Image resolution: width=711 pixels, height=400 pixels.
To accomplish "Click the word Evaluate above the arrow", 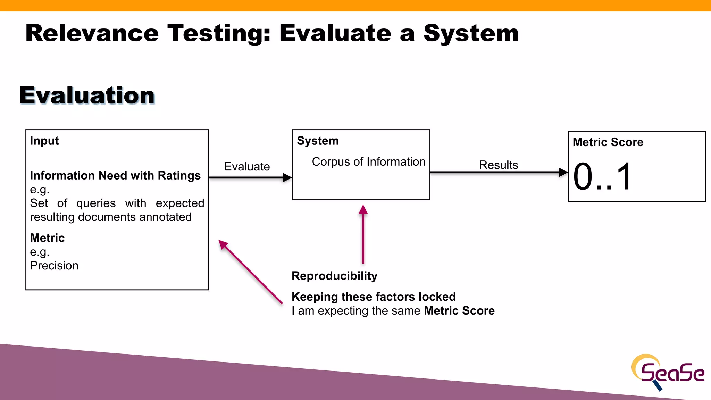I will pyautogui.click(x=247, y=166).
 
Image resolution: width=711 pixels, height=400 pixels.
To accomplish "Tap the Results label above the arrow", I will pyautogui.click(x=499, y=165).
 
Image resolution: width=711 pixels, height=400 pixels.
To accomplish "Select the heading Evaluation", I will pyautogui.click(x=87, y=95).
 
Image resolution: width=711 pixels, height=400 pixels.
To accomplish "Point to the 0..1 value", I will pyautogui.click(x=602, y=177).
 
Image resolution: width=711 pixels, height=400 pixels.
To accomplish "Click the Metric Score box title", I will pyautogui.click(x=608, y=142).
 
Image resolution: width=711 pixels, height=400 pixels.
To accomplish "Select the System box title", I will pyautogui.click(x=318, y=141).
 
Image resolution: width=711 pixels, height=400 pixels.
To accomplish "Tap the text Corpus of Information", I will pyautogui.click(x=368, y=162).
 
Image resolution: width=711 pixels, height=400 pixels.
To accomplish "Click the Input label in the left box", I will pyautogui.click(x=44, y=141).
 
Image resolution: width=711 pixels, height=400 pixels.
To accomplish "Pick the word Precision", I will pyautogui.click(x=54, y=266).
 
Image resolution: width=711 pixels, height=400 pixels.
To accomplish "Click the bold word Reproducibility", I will pyautogui.click(x=334, y=276).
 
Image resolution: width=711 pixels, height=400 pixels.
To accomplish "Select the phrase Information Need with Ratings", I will pyautogui.click(x=115, y=175).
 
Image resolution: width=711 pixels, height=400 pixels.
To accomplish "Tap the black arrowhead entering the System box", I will pyautogui.click(x=287, y=178).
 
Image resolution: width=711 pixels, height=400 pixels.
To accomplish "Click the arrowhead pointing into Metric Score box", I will pyautogui.click(x=563, y=172).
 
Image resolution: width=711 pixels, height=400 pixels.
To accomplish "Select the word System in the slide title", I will pyautogui.click(x=471, y=33).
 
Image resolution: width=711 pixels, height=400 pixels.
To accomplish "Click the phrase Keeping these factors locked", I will pyautogui.click(x=374, y=297).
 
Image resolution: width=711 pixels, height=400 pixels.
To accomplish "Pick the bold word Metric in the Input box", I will pyautogui.click(x=47, y=238).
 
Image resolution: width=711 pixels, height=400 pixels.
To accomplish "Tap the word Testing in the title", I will pyautogui.click(x=219, y=33).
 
